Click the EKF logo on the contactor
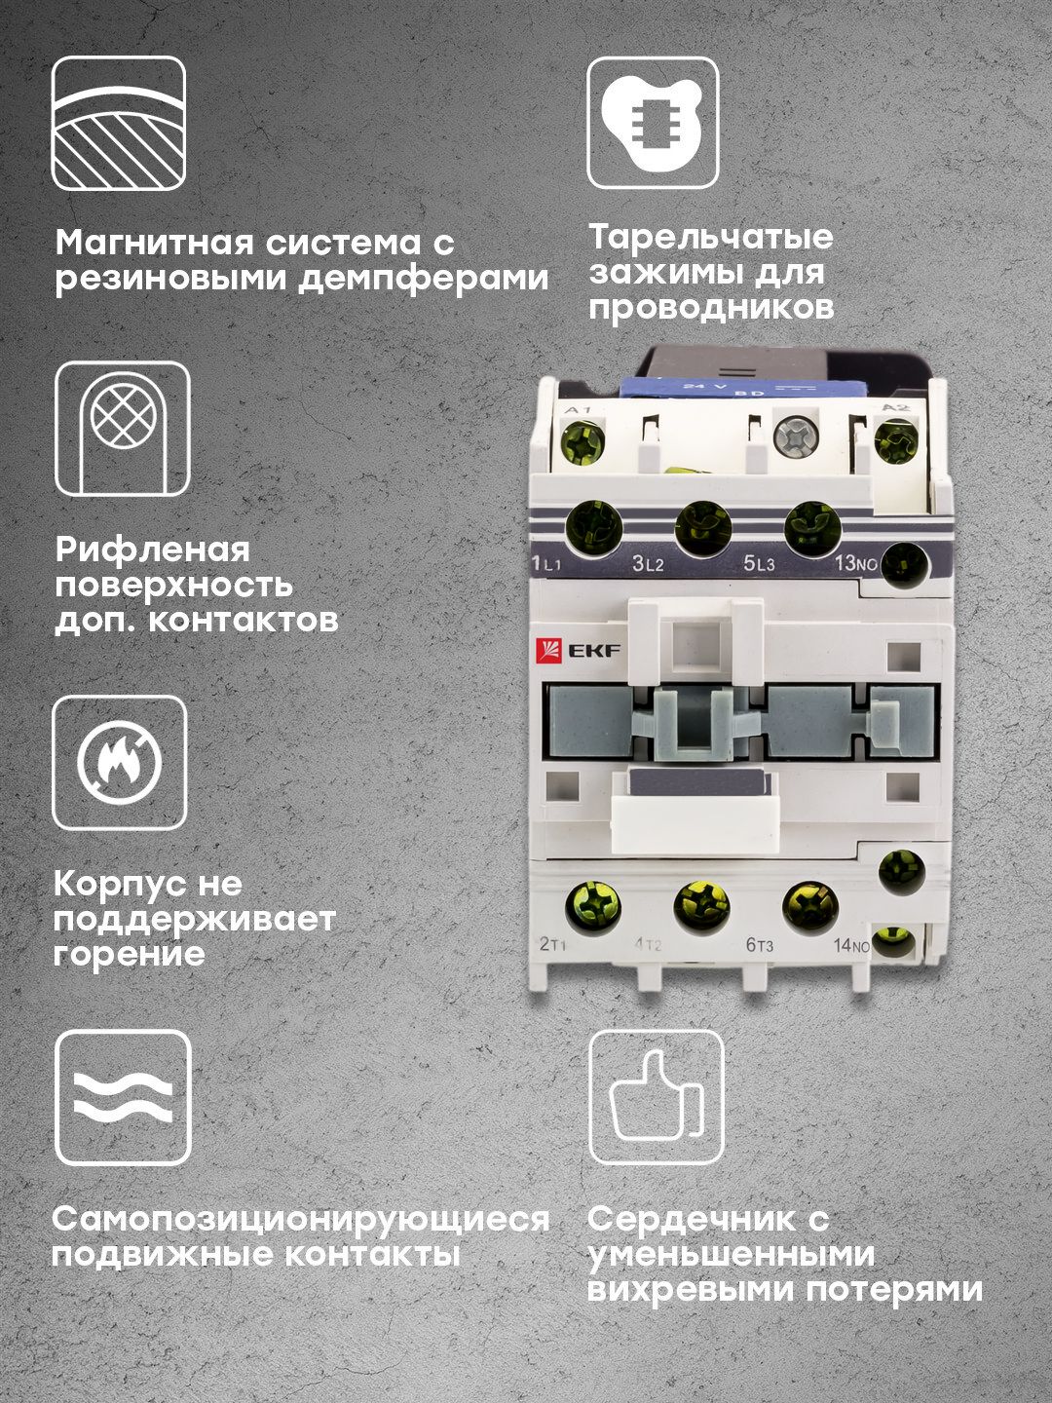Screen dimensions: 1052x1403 578,652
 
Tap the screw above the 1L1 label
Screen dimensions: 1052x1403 593,528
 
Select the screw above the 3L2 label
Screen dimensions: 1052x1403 702,528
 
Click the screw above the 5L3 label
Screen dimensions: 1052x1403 811,528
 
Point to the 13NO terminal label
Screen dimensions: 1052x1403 856,564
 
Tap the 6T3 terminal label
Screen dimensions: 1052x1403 760,944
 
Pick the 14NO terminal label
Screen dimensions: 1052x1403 851,945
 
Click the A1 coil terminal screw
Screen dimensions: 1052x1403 582,440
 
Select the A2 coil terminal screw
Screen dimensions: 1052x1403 896,440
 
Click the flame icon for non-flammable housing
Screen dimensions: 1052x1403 120,762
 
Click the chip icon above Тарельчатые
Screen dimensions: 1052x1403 653,123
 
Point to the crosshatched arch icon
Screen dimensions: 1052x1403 123,429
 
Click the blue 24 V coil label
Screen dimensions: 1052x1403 743,389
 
